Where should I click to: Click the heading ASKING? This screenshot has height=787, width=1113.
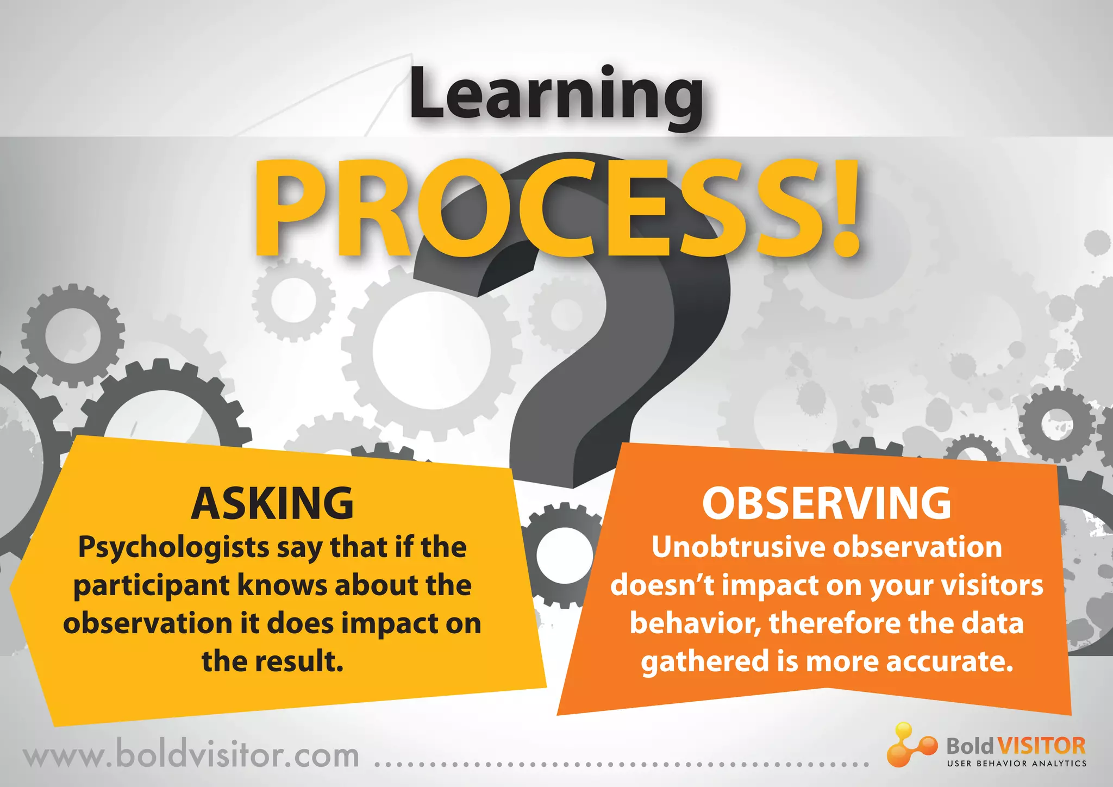[272, 503]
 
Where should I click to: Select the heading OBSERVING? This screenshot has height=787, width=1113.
[827, 503]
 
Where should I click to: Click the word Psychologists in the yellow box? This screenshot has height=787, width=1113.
[174, 548]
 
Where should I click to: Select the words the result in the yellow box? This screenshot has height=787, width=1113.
[272, 661]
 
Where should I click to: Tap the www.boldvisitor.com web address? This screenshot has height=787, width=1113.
[191, 756]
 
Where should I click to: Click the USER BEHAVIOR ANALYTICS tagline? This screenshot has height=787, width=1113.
[1016, 764]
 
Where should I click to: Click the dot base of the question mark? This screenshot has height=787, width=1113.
[543, 462]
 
